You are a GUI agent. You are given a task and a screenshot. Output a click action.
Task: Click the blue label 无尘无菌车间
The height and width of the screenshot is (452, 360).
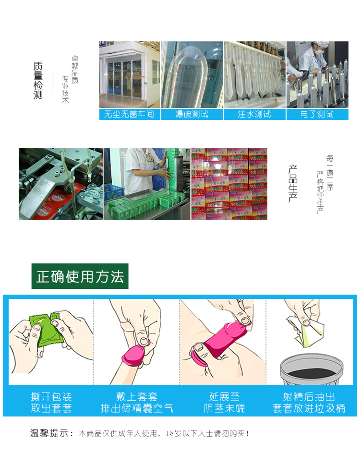pyautogui.click(x=130, y=114)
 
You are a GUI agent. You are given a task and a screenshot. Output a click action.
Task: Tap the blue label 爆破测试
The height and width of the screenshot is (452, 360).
pyautogui.click(x=192, y=114)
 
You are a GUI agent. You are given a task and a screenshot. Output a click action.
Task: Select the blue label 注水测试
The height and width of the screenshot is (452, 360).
pyautogui.click(x=254, y=114)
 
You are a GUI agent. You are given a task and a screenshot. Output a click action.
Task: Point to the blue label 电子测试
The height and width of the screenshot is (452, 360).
pyautogui.click(x=317, y=114)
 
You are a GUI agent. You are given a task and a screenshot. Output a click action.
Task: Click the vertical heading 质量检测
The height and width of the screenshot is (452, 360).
pyautogui.click(x=38, y=81)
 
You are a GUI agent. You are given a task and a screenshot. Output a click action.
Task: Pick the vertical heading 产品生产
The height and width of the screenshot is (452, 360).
pyautogui.click(x=293, y=184)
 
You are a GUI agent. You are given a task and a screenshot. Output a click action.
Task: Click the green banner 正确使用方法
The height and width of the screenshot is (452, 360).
pyautogui.click(x=80, y=276)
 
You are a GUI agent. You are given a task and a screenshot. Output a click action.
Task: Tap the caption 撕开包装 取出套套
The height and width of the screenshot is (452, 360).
pyautogui.click(x=51, y=403)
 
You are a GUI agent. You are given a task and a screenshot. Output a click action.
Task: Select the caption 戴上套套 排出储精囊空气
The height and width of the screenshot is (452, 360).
pyautogui.click(x=137, y=403)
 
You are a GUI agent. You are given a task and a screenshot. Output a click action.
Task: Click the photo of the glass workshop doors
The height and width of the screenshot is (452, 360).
pyautogui.click(x=129, y=75)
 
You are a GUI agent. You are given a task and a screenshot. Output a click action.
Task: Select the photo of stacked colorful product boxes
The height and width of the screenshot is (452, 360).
pyautogui.click(x=229, y=184)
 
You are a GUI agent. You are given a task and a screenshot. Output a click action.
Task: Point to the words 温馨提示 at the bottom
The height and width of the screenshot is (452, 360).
pyautogui.click(x=50, y=433)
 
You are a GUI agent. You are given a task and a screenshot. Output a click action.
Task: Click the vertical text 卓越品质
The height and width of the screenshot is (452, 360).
pyautogui.click(x=74, y=70)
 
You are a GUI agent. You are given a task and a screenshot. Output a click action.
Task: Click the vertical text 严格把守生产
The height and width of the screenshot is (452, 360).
pyautogui.click(x=320, y=192)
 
